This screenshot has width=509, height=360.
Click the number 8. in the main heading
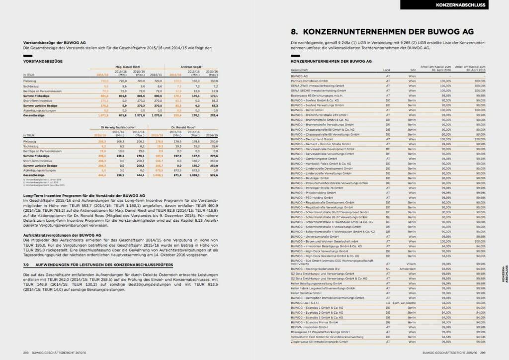[x=294, y=32]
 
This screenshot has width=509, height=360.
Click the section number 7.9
[x=28, y=266]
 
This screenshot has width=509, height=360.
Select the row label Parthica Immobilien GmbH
[x=309, y=80]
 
